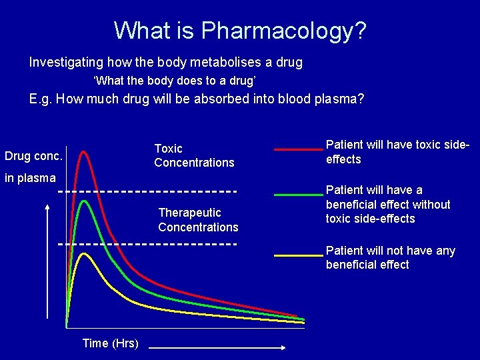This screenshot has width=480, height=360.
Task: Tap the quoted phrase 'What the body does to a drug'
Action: [x=175, y=81]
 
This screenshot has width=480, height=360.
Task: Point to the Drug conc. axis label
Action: [x=33, y=157]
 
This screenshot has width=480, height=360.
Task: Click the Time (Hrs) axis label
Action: [x=110, y=343]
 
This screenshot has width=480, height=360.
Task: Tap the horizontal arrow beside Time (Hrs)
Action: [x=217, y=347]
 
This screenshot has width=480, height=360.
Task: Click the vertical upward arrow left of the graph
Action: [x=48, y=260]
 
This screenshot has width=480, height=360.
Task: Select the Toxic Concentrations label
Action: [x=194, y=155]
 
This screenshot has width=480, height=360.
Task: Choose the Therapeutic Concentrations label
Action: [x=198, y=220]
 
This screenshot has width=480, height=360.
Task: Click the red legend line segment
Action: [x=298, y=149]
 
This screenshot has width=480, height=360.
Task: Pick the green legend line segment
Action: [x=298, y=195]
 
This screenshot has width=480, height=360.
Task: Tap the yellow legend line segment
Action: [x=298, y=255]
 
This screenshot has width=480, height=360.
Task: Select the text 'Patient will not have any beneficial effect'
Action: [x=390, y=257]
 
